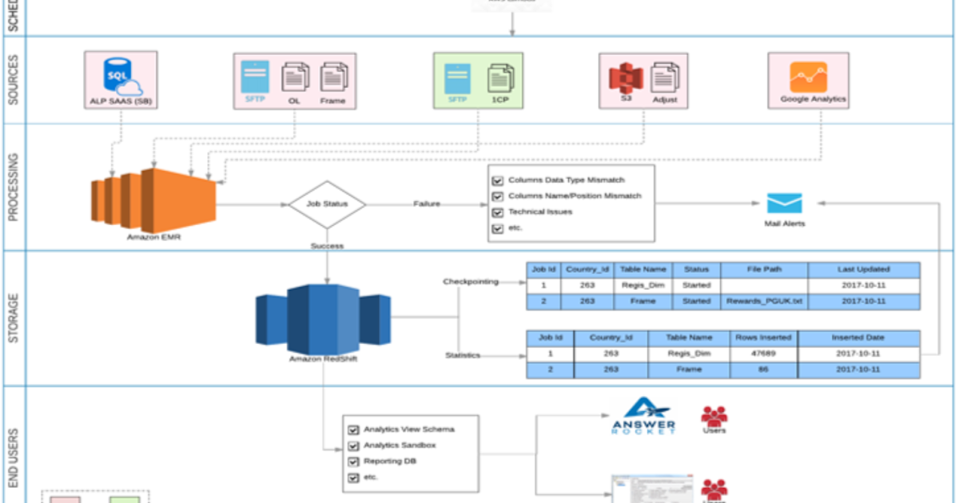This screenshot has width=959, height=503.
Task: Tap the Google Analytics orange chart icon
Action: pos(808,77)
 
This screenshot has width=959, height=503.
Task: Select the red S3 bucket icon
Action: pos(626,78)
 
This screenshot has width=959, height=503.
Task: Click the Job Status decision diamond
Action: pos(327,204)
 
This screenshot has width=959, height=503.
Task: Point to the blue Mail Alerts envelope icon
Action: pos(784,204)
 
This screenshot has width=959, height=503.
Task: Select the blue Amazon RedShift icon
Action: pos(323,318)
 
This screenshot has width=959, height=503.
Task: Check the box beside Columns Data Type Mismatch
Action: pos(498,180)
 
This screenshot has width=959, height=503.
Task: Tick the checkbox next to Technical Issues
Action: pos(498,212)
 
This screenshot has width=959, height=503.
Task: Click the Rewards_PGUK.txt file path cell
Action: pos(764,301)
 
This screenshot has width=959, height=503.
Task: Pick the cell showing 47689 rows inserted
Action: pos(762,354)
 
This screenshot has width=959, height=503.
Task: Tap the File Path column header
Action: pos(764,270)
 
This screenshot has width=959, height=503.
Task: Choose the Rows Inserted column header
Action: pos(762,338)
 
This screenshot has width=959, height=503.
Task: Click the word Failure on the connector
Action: pos(427,204)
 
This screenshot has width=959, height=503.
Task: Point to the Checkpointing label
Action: pos(471,282)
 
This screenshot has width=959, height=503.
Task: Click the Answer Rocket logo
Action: pos(643,416)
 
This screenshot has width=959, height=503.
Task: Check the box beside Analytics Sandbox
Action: pos(353,446)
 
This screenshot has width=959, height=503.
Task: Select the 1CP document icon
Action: pos(500,78)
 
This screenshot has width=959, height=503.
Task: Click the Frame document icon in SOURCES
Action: pos(333,77)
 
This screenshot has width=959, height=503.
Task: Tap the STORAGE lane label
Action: pos(14,319)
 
